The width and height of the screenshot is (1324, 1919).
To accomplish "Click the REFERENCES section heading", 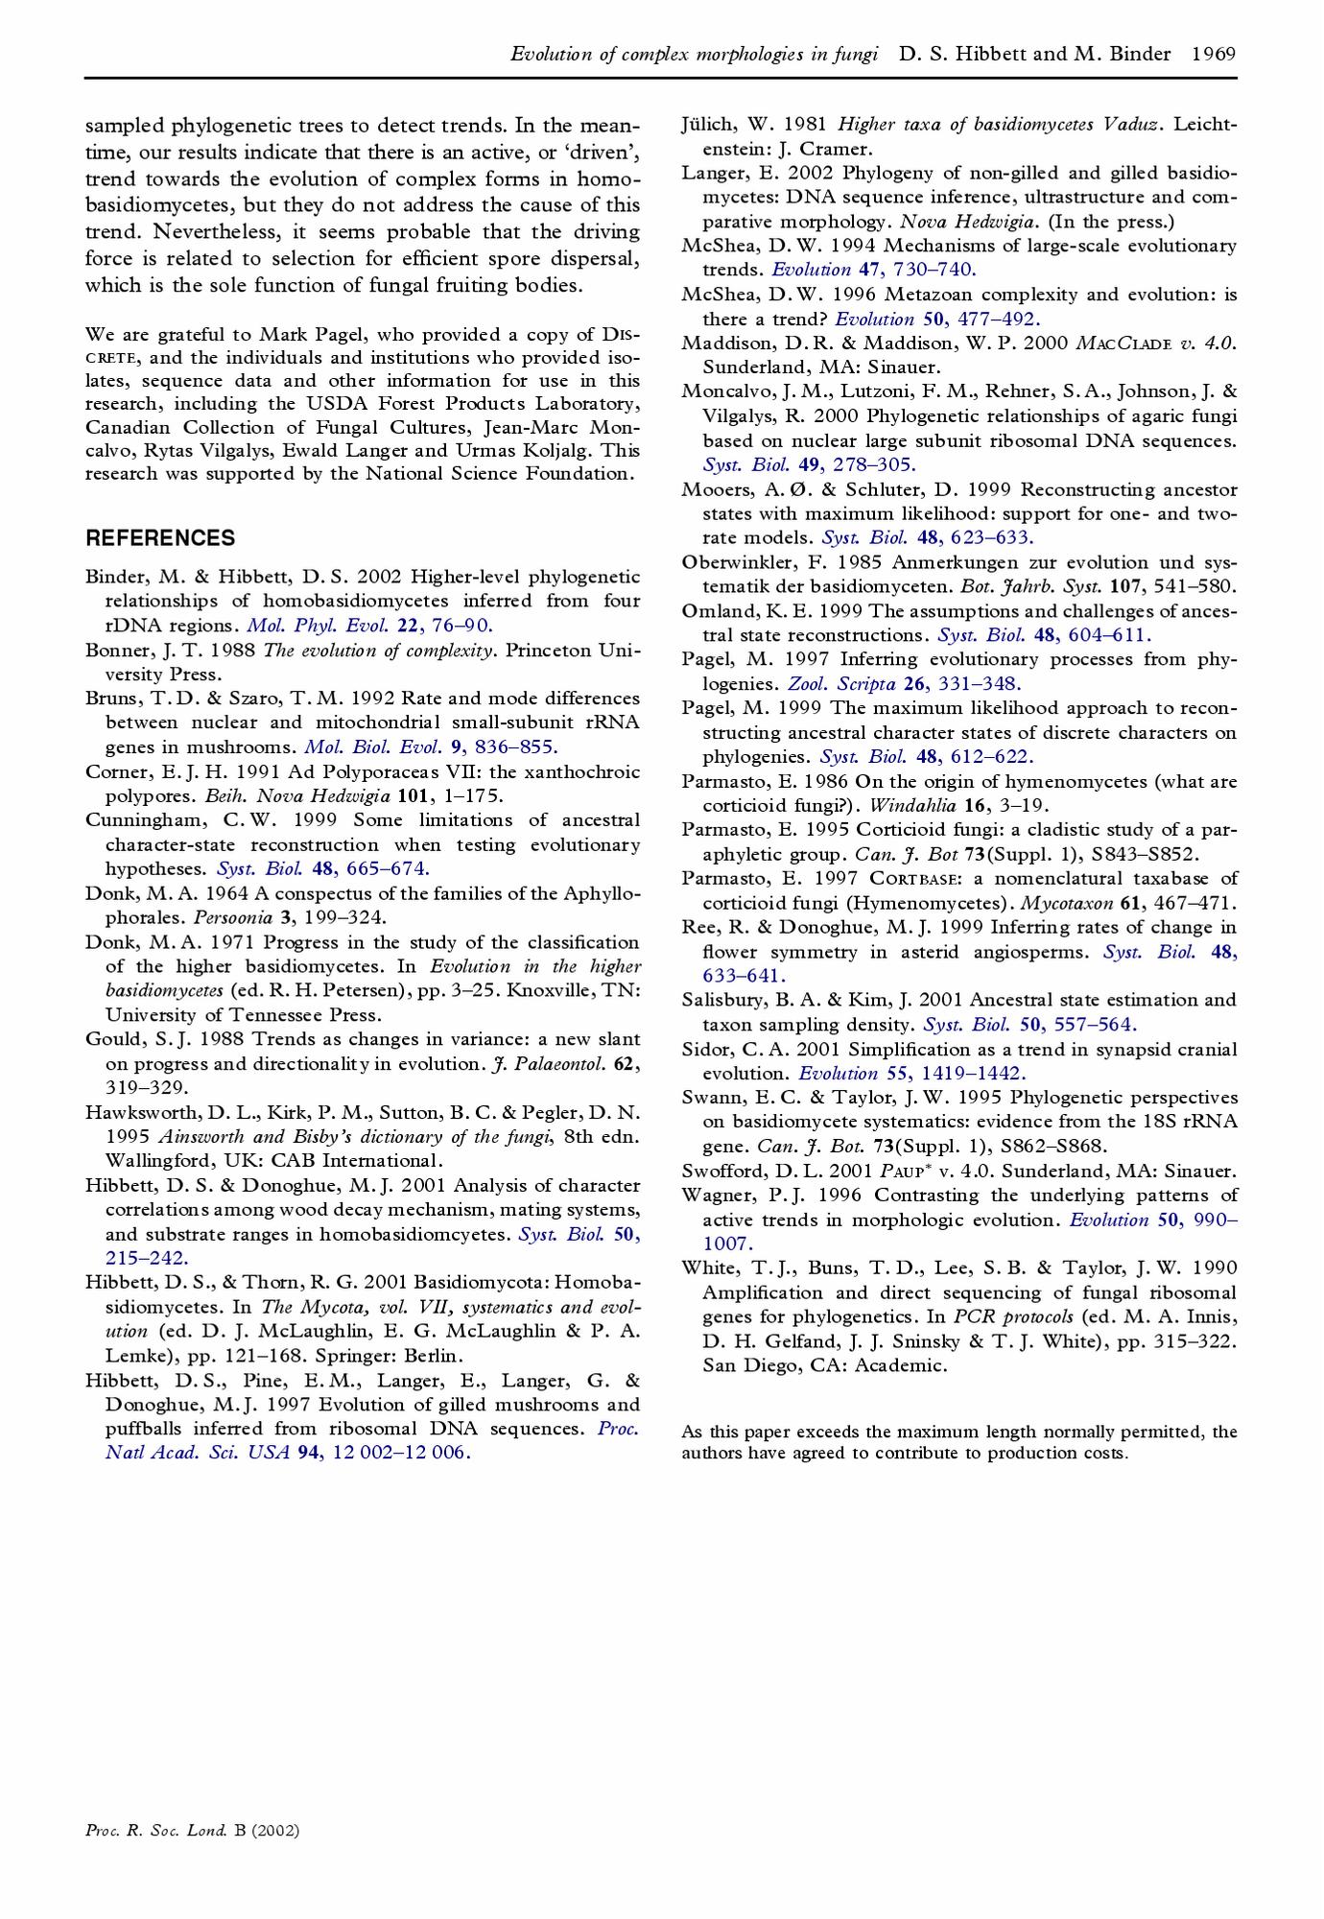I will (160, 537).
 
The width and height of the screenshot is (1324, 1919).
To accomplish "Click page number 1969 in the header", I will (1213, 54).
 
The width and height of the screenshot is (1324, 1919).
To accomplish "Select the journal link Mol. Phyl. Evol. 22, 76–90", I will (369, 626).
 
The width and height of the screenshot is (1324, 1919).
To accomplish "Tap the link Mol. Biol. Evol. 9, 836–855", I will (431, 746).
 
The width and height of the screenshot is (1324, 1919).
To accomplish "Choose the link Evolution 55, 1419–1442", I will (911, 1073).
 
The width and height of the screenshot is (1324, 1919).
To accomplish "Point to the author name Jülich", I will (708, 124).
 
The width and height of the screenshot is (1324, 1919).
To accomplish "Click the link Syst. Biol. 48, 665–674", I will (323, 868).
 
